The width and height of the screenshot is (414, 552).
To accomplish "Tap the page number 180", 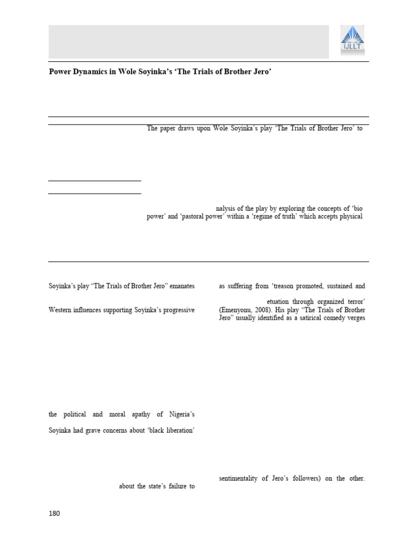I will pos(54,513).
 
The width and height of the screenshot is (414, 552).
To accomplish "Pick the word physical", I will pos(351,217).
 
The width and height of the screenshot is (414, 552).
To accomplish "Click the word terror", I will pos(353,301).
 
